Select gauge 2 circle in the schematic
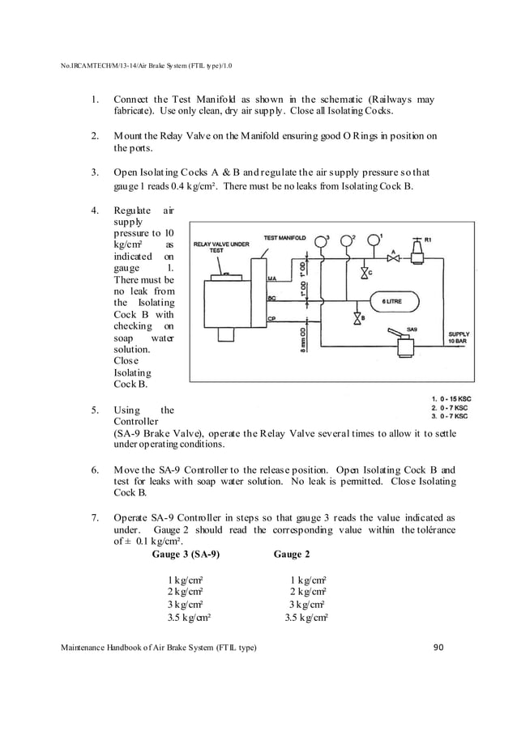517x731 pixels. click(347, 240)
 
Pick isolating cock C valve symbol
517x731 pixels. click(362, 273)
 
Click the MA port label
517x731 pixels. click(272, 278)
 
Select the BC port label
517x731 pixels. click(272, 298)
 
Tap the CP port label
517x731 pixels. click(272, 318)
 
